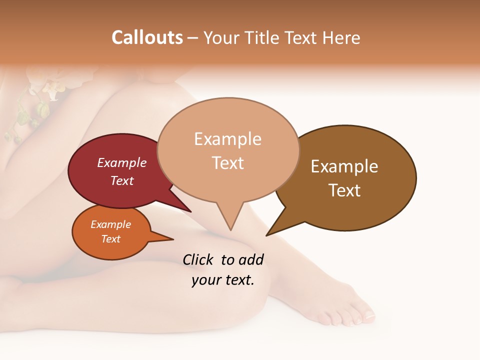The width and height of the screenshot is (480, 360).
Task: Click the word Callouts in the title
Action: click(147, 37)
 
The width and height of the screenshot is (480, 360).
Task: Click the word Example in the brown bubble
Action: click(344, 166)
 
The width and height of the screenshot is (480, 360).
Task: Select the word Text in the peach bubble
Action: click(228, 163)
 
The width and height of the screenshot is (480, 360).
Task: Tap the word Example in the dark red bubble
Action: click(122, 162)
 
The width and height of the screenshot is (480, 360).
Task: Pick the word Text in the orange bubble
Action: click(111, 239)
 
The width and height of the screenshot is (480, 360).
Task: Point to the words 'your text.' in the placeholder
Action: click(223, 280)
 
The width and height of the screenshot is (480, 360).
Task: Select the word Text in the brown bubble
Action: click(344, 190)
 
